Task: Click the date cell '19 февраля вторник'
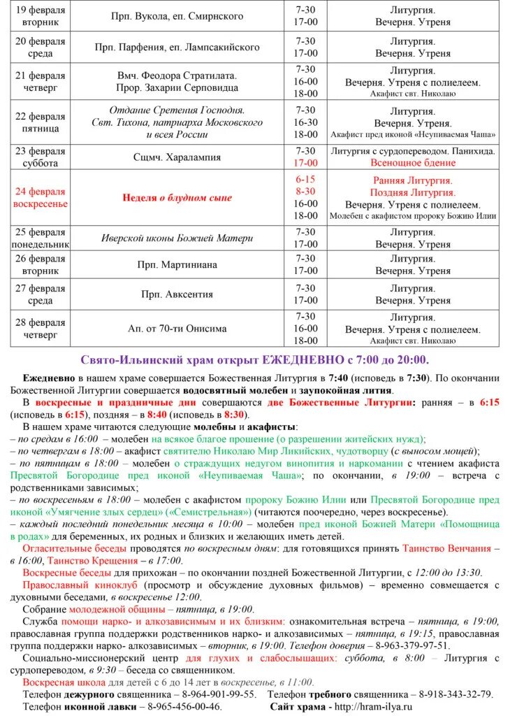[40, 16]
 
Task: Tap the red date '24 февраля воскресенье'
[40, 198]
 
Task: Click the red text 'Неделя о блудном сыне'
[177, 198]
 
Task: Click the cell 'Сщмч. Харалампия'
[177, 157]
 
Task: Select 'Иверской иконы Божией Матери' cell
[177, 238]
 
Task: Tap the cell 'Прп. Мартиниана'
[177, 265]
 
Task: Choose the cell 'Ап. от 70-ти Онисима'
[177, 329]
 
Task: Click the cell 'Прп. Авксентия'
[177, 294]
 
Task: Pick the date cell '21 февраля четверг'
[40, 82]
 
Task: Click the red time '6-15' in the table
[306, 179]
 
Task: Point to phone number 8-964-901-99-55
[217, 694]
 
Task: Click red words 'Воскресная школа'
[64, 682]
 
